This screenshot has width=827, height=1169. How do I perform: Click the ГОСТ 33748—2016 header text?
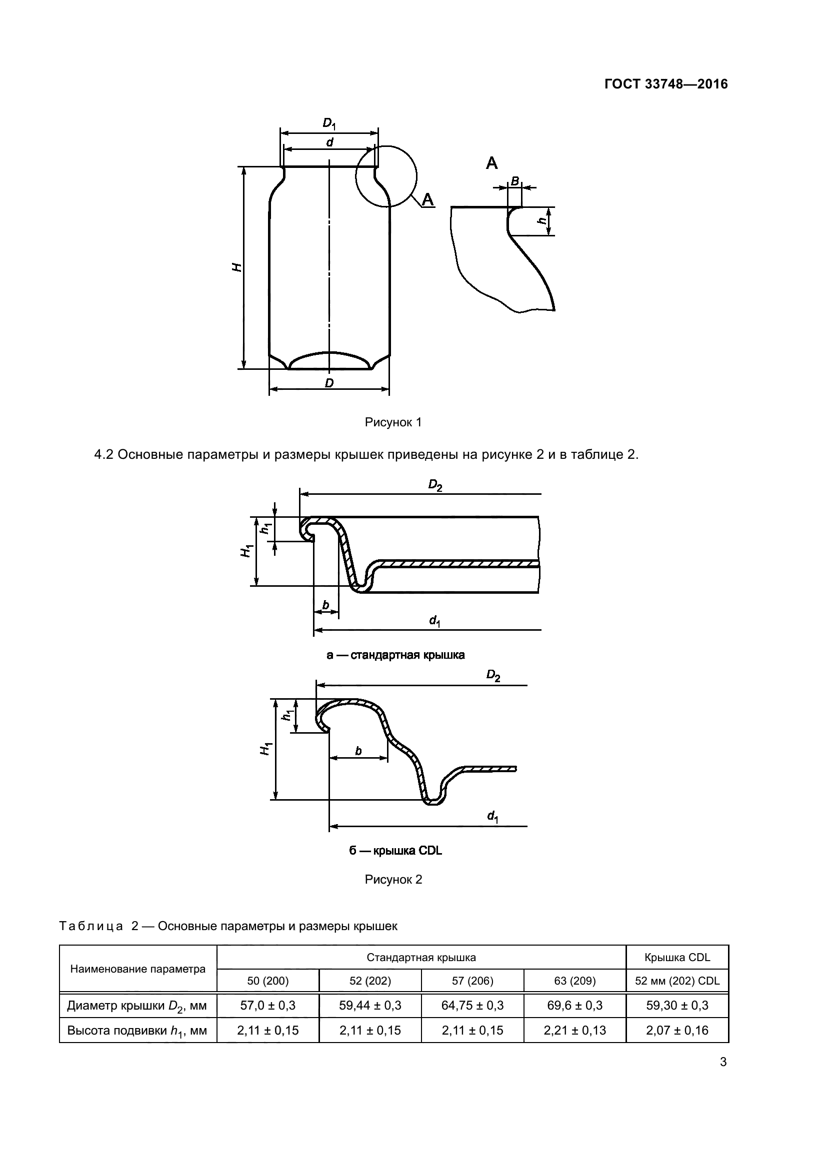665,84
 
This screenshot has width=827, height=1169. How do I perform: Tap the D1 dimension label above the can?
329,124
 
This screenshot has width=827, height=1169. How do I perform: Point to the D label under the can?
329,383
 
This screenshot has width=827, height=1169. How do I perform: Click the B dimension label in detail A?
515,181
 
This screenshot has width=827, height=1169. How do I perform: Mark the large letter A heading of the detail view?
491,163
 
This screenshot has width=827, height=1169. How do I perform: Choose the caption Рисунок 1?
393,422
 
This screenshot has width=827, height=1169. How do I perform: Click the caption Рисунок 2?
393,894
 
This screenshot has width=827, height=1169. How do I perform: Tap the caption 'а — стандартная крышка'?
395,655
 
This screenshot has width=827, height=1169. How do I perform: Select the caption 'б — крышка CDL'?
395,851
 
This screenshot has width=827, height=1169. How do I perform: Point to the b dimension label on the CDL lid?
358,751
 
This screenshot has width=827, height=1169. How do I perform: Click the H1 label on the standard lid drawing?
247,550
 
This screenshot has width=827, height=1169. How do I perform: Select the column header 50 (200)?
268,991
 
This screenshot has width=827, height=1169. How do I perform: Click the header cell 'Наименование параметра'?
137,979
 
